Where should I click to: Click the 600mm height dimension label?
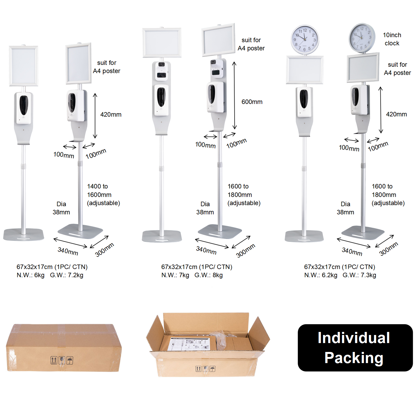(252, 102)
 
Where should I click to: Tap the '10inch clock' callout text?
(392, 39)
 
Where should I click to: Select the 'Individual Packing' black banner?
(355, 348)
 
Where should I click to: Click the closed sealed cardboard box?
(64, 348)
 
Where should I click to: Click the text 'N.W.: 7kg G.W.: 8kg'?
(192, 275)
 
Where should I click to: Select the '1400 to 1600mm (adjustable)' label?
(103, 195)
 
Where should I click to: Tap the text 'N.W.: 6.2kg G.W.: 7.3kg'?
(340, 275)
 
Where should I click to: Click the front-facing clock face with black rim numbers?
(305, 40)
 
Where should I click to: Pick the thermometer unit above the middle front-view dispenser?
(161, 71)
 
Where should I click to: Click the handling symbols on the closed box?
(62, 360)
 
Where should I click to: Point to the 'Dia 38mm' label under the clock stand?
(345, 208)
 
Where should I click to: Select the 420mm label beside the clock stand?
(396, 114)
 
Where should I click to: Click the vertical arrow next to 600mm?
(234, 95)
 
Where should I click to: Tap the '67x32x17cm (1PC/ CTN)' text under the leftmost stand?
(52, 267)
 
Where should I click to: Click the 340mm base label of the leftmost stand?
(68, 251)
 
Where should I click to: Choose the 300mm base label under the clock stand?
(388, 249)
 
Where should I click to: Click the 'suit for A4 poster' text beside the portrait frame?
(106, 67)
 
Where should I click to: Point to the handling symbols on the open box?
(205, 369)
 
